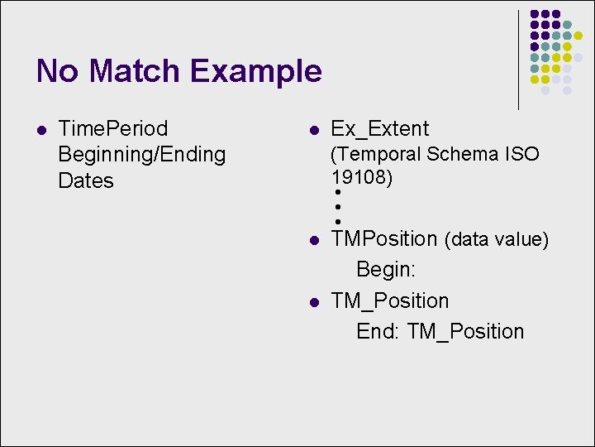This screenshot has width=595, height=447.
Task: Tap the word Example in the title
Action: [256, 71]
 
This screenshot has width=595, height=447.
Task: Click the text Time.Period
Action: [113, 129]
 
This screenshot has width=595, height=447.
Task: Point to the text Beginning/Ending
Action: [141, 155]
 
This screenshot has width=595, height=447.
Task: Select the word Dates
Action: [86, 180]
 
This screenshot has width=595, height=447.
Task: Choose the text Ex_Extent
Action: [380, 129]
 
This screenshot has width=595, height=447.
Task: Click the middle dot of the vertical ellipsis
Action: [339, 207]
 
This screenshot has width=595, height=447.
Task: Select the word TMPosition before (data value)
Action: [384, 239]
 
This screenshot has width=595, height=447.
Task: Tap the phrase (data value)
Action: [497, 240]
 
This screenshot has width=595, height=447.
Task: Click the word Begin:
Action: [386, 270]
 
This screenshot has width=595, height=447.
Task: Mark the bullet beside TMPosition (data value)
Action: [313, 241]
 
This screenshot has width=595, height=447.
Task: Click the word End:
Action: [378, 331]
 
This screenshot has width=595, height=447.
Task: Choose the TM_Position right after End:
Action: [466, 332]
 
